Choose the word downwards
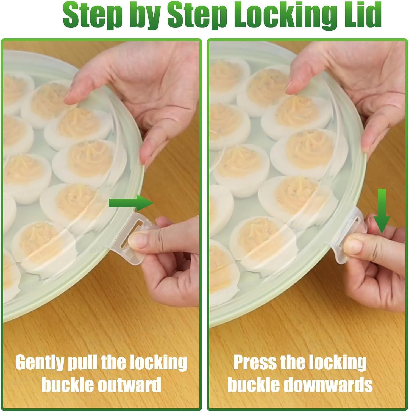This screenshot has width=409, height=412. pos(328,385)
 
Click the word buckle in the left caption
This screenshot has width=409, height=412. pos(67,385)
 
